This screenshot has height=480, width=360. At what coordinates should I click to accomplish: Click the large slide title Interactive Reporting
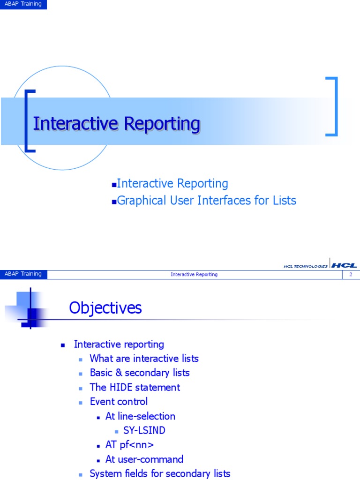[117, 124]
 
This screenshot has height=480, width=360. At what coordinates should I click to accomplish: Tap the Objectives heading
[105, 308]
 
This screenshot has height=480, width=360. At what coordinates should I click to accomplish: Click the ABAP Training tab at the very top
[23, 4]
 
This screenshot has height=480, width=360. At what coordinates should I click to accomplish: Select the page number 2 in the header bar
[350, 274]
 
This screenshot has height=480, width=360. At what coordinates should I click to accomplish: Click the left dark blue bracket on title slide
[29, 120]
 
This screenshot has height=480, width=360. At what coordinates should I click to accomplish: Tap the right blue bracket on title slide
[332, 106]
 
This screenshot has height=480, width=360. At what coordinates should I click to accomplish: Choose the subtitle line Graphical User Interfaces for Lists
[206, 201]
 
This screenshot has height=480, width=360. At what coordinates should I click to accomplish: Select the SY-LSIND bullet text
[144, 430]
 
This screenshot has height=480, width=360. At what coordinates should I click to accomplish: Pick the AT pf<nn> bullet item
[129, 445]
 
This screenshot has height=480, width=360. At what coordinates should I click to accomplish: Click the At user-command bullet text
[144, 459]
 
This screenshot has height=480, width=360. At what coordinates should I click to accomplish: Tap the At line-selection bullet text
[140, 416]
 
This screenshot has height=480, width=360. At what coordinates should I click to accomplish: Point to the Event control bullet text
[119, 402]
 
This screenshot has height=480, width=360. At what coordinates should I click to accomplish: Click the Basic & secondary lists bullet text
[140, 373]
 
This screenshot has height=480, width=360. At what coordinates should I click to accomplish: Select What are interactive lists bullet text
[144, 359]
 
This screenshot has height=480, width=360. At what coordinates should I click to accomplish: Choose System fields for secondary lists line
[160, 473]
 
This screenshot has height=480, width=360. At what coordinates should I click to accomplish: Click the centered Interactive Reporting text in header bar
[194, 274]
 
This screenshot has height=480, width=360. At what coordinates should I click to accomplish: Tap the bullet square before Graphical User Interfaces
[113, 202]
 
